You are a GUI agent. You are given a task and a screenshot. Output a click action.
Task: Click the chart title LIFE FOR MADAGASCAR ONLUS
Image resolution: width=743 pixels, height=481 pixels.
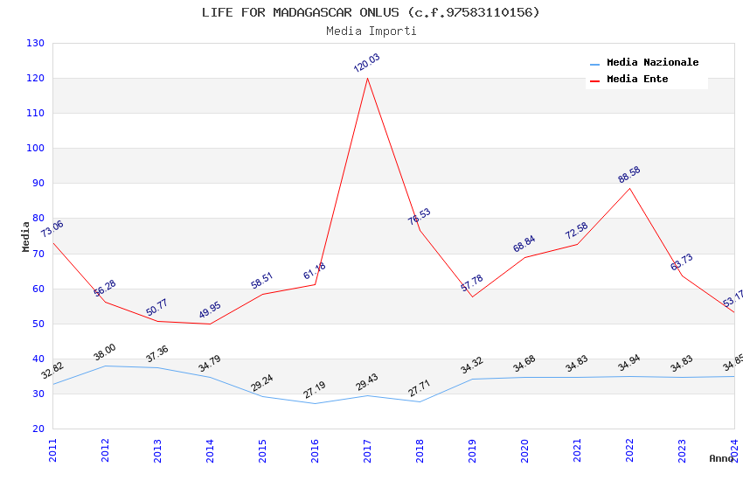point(371,12)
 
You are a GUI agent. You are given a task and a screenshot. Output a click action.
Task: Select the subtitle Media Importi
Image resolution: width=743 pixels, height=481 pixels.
point(371,31)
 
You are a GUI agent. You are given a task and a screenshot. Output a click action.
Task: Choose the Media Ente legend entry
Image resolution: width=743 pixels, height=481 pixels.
point(637,80)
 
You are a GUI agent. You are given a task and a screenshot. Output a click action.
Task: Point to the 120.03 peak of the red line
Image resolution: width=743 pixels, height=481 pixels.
point(367,79)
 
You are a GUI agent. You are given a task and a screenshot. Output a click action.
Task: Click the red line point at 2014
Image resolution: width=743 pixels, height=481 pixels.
point(210,324)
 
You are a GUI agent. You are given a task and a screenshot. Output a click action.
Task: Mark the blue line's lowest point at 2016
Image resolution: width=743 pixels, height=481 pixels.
point(315,403)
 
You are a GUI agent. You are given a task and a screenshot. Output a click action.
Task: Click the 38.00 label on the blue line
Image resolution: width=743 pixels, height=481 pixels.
point(105,352)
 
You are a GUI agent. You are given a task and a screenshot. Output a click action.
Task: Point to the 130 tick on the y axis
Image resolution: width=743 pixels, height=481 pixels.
point(35,44)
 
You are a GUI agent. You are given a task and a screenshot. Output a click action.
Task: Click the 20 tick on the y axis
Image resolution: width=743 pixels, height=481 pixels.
point(38,429)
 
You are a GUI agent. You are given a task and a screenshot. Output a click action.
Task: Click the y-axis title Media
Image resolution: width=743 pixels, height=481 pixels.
point(26,236)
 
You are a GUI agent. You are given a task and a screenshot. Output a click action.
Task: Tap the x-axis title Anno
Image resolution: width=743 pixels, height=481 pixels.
point(721,458)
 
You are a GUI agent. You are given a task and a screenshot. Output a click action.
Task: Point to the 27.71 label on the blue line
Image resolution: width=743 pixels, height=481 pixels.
point(420,388)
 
